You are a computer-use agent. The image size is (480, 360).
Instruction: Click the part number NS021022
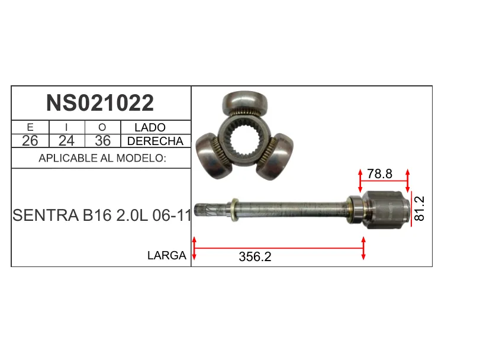coord(100,103)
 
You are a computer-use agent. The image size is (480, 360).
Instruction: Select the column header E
coord(30,127)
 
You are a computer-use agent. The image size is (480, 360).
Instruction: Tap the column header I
coord(66,127)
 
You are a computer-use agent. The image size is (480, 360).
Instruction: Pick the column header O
coord(102,127)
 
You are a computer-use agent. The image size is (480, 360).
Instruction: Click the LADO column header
coord(150,127)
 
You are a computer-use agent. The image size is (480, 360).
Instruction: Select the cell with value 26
coord(30,141)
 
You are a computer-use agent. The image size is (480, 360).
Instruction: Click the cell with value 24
coord(66,141)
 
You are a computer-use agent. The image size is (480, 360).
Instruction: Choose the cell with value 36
coord(102,141)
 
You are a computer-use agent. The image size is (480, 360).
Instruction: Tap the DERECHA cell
coord(155,141)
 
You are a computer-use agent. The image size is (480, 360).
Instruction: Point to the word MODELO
coord(141,158)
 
